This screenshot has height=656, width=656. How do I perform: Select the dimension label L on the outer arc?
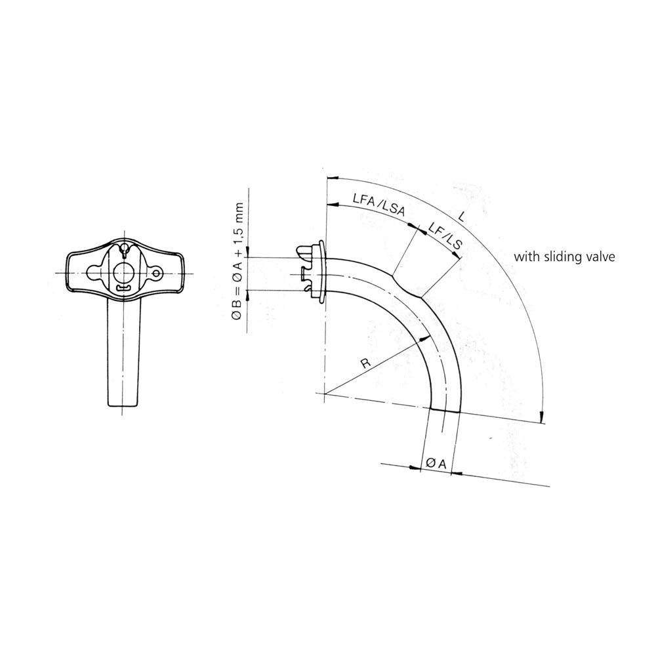click(x=461, y=216)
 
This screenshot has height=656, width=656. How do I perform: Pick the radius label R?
click(x=366, y=363)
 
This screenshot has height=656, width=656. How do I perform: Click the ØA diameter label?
click(x=436, y=464)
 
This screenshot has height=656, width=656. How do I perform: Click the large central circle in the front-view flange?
click(x=123, y=274)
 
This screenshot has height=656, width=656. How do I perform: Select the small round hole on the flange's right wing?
click(x=157, y=273)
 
